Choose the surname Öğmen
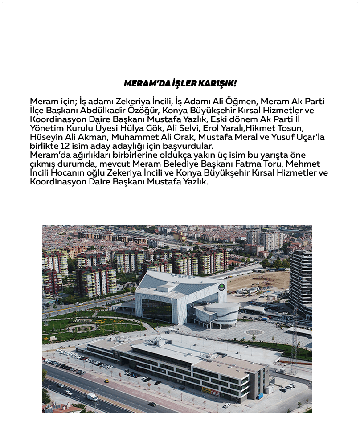pyautogui.click(x=247, y=101)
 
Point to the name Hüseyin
pyautogui.click(x=44, y=138)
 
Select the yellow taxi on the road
pyautogui.click(x=106, y=381)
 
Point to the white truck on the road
pyautogui.click(x=92, y=396)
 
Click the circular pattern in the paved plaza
pyautogui.click(x=255, y=332)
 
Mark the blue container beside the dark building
pyautogui.click(x=259, y=396)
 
